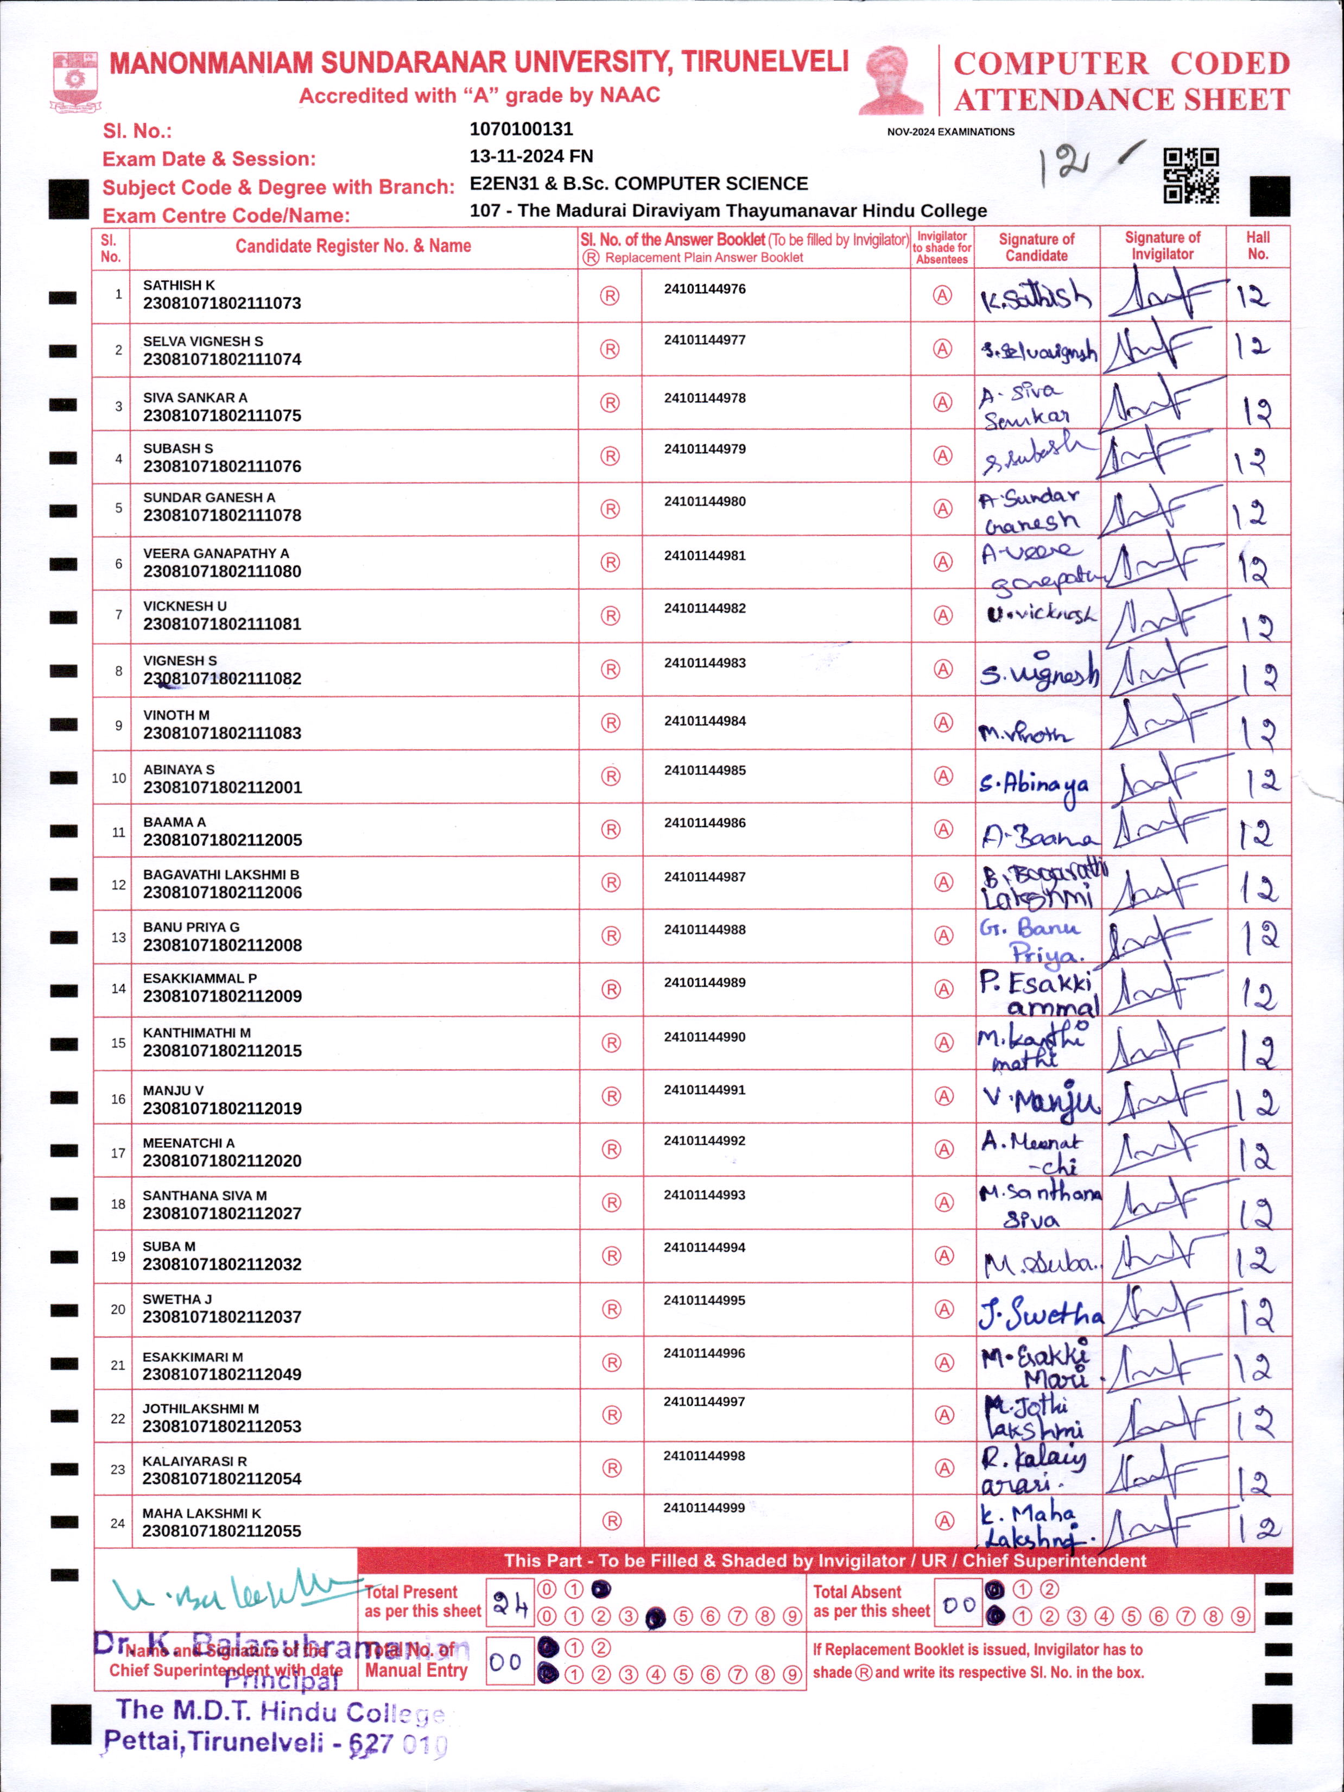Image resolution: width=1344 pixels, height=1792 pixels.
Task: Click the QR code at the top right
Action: tap(1191, 176)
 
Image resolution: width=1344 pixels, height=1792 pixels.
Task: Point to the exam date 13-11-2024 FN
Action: tap(531, 156)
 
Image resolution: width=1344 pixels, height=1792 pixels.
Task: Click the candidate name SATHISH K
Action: tap(179, 285)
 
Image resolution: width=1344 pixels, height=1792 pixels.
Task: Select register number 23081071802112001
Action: tap(222, 787)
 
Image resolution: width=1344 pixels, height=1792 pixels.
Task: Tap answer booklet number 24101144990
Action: tap(705, 1037)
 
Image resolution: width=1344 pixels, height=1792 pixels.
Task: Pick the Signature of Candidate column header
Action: tap(1036, 247)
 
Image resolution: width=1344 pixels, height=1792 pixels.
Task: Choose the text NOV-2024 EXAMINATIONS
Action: tap(950, 132)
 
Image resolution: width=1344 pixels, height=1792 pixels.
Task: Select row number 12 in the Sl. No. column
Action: tap(118, 885)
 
